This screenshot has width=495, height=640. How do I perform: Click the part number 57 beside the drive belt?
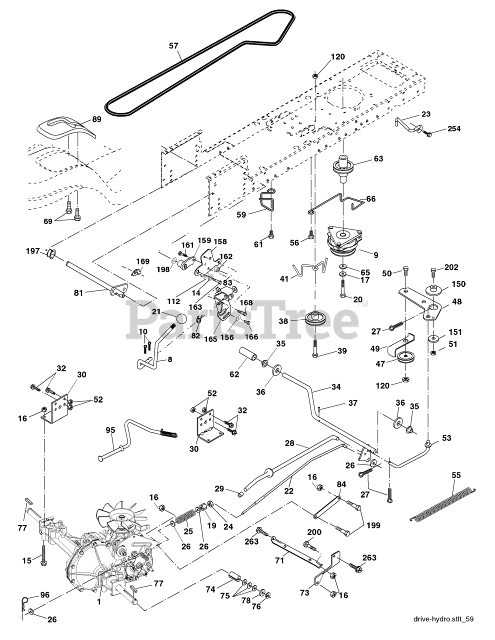coord(173,45)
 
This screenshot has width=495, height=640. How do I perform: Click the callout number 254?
coord(454,129)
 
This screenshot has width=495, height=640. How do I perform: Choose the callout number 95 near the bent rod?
coord(110,429)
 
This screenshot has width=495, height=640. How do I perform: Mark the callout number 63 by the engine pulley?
coord(378,158)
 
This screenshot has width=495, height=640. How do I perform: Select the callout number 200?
coord(314,533)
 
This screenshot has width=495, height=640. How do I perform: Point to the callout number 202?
coord(451,267)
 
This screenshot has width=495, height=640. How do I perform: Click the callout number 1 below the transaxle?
coord(98,602)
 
